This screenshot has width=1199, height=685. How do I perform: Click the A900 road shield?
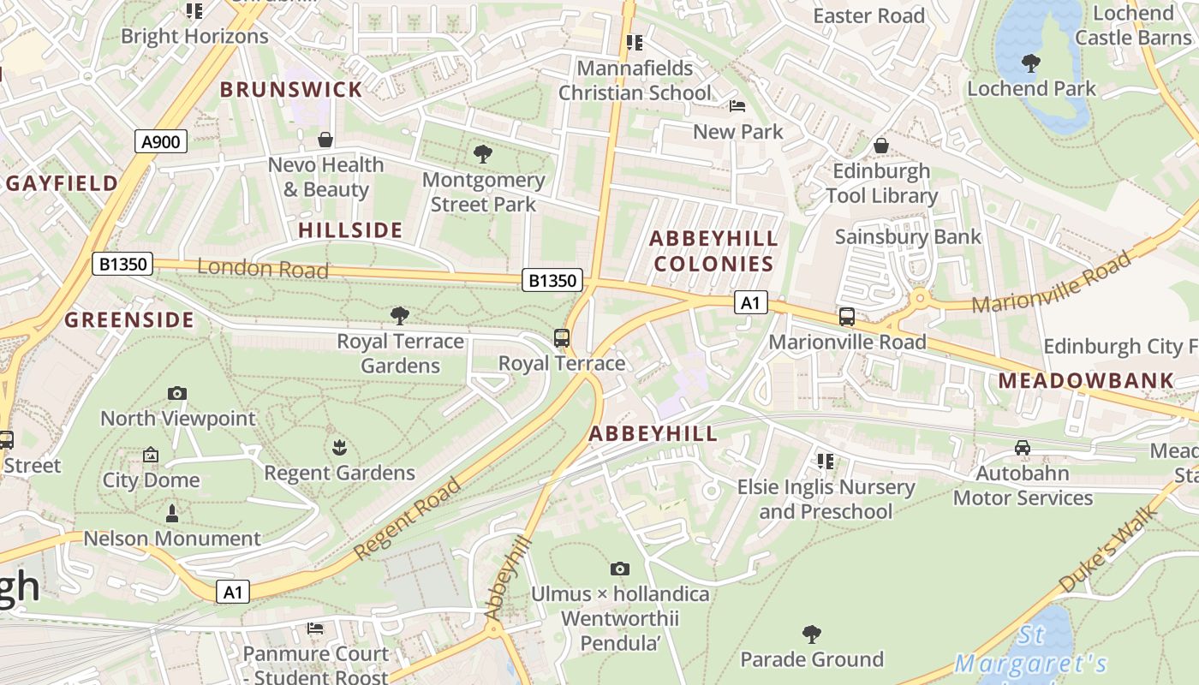pyautogui.click(x=161, y=141)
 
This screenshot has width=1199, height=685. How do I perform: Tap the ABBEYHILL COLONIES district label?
pyautogui.click(x=713, y=251)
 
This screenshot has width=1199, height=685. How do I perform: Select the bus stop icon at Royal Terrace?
pyautogui.click(x=562, y=337)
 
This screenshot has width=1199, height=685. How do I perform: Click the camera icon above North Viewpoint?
pyautogui.click(x=177, y=393)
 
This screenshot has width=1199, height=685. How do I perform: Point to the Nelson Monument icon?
pyautogui.click(x=172, y=514)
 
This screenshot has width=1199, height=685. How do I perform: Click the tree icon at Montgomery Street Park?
pyautogui.click(x=483, y=154)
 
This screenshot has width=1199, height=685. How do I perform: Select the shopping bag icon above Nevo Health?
pyautogui.click(x=325, y=140)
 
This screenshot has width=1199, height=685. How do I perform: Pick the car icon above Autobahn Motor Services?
pyautogui.click(x=1022, y=447)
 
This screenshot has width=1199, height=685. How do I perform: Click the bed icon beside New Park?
pyautogui.click(x=737, y=106)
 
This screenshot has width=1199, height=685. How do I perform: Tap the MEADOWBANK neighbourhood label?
pyautogui.click(x=1086, y=380)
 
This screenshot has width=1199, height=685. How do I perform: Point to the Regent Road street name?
pyautogui.click(x=408, y=520)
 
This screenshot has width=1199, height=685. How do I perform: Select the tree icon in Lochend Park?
pyautogui.click(x=1031, y=63)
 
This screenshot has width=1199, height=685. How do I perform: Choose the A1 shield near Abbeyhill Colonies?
pyautogui.click(x=750, y=302)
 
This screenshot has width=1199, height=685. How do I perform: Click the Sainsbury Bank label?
pyautogui.click(x=908, y=236)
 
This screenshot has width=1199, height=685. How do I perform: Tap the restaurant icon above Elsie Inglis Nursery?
pyautogui.click(x=826, y=462)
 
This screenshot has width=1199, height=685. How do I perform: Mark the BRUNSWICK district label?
pyautogui.click(x=291, y=90)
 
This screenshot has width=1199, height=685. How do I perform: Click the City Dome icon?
pyautogui.click(x=151, y=455)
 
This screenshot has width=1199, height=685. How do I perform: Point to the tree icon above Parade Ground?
pyautogui.click(x=811, y=634)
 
